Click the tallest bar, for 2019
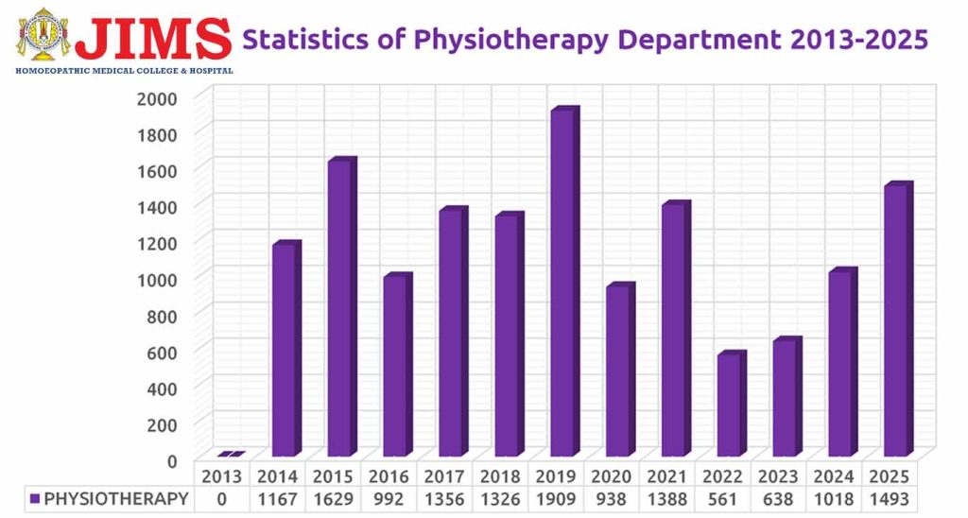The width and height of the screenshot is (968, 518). coord(562,284)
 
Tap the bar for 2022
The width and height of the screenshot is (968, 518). coord(730,406)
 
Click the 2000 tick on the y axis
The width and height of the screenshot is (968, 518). coord(157,98)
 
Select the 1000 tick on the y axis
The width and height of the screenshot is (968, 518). coord(157,279)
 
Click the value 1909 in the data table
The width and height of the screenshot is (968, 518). coord(557,499)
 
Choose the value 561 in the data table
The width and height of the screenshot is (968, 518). coord(724,499)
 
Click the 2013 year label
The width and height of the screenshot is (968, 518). coord(223,475)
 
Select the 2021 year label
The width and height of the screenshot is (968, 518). coord(668,475)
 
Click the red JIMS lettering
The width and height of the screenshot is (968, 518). coord(154,38)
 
